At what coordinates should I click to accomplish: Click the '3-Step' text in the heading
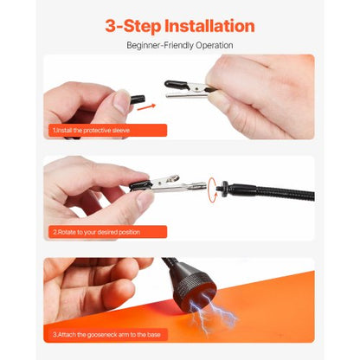(132, 25)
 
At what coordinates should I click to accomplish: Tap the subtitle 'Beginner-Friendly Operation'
(180, 45)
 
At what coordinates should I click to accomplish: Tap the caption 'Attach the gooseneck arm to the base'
(108, 333)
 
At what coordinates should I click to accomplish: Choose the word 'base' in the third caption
(156, 333)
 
